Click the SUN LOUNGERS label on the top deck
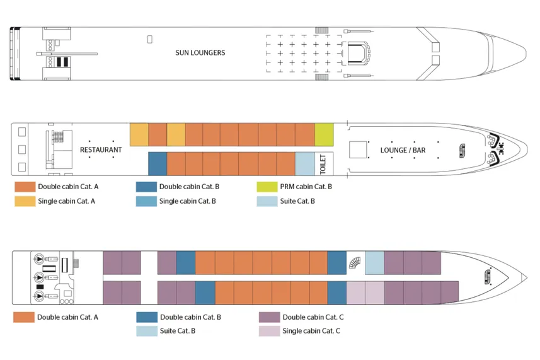(200, 52)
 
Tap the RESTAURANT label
(101, 150)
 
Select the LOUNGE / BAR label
(403, 150)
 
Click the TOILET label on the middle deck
(323, 164)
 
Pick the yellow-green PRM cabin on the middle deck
(324, 134)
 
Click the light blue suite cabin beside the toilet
(304, 164)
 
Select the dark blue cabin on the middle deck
(157, 164)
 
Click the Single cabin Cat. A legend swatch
(25, 201)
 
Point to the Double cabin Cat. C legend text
(313, 317)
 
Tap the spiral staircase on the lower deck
(356, 262)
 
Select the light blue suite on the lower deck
(374, 262)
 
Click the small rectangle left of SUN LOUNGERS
(149, 40)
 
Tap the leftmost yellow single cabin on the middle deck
(139, 134)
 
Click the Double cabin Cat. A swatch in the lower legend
(23, 317)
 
